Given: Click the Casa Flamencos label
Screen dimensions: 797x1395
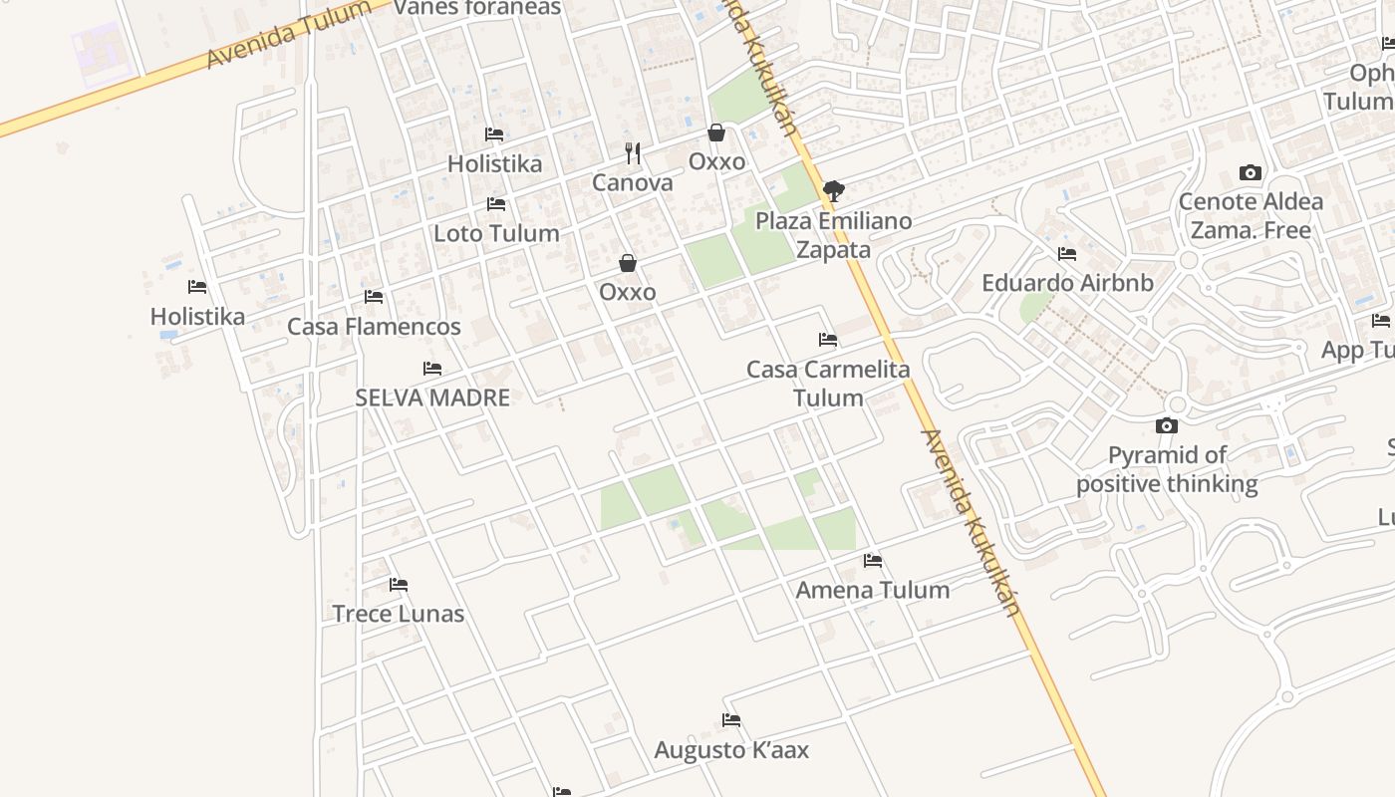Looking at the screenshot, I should click(374, 327).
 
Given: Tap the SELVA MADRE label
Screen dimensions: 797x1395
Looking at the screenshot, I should click(432, 398).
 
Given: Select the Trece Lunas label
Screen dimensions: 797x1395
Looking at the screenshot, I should click(398, 614).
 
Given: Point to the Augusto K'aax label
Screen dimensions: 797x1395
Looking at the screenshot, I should click(731, 750).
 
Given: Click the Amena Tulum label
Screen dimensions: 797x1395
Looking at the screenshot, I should click(872, 590).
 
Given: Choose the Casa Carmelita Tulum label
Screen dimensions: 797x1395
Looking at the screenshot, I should click(828, 384).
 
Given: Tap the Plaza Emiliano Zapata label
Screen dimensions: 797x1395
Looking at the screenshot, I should click(833, 235).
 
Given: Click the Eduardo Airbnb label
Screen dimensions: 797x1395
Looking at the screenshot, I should click(1067, 283).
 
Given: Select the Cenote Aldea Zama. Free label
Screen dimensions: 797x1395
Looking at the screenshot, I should click(1251, 216).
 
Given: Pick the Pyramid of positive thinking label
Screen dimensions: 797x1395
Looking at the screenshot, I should click(1167, 470).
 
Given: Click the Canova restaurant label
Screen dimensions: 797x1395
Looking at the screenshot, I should click(632, 183).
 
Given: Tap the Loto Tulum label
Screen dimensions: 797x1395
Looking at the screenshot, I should click(496, 234).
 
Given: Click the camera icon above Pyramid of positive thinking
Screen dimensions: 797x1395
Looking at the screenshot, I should click(1167, 426).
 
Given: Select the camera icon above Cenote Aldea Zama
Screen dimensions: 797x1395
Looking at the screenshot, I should click(1251, 173).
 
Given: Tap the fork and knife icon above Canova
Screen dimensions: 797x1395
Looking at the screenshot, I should click(632, 153).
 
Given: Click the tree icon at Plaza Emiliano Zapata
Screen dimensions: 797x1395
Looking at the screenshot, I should click(834, 190).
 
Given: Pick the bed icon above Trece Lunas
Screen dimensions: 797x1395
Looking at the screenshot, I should click(399, 585).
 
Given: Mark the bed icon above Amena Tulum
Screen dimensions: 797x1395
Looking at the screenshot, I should click(873, 561).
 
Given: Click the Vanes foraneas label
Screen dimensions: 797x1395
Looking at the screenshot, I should click(477, 8).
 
